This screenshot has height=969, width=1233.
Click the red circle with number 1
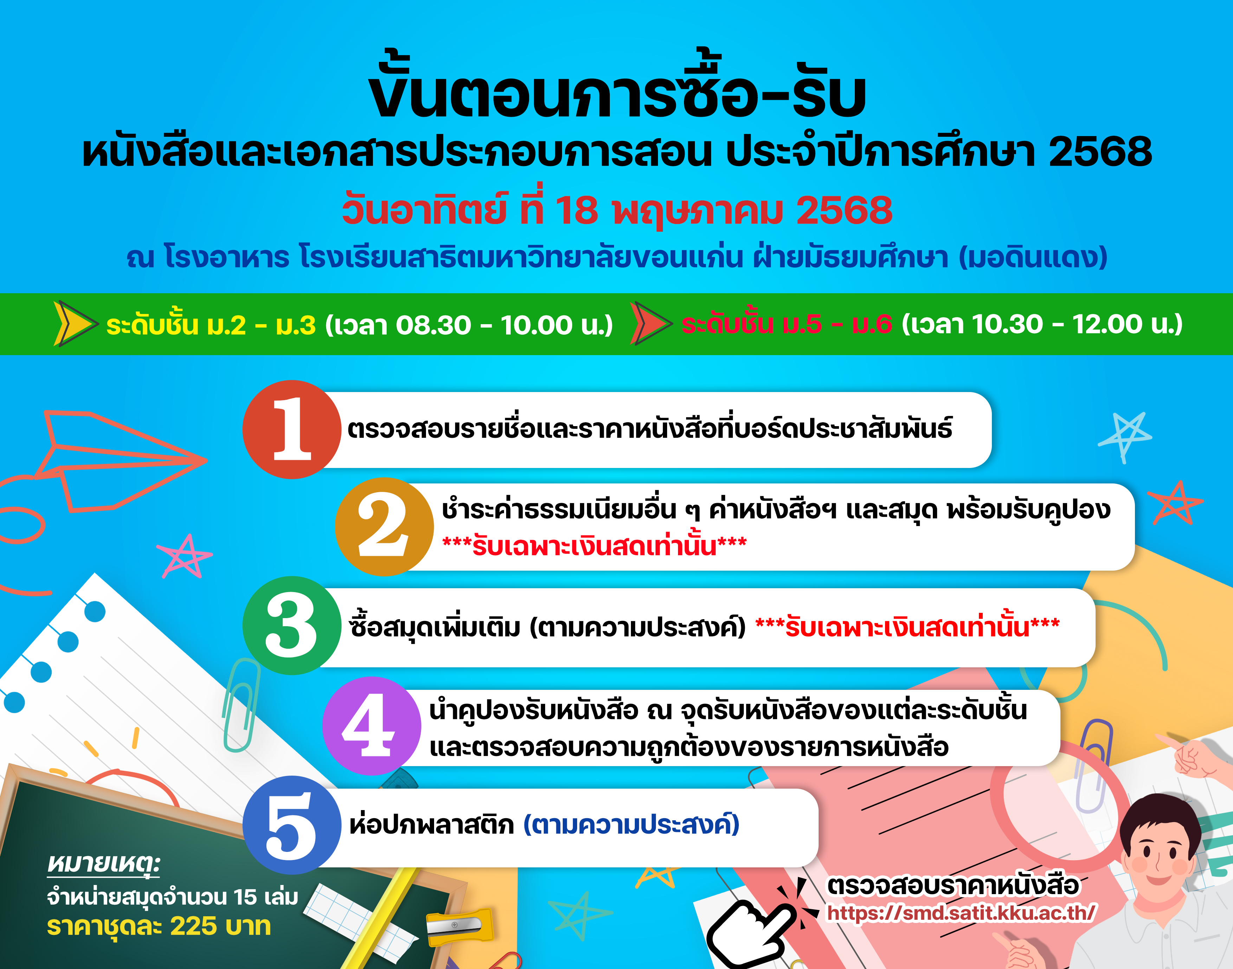[291, 429]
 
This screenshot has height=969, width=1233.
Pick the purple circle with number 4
[372, 726]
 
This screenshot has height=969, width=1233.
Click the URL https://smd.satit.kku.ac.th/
[961, 913]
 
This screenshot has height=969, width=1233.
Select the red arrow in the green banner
[651, 323]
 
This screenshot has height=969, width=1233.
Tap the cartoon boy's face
[1159, 851]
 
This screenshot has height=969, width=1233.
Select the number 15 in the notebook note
[245, 897]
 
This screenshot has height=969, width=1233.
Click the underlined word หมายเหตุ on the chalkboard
[104, 864]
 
